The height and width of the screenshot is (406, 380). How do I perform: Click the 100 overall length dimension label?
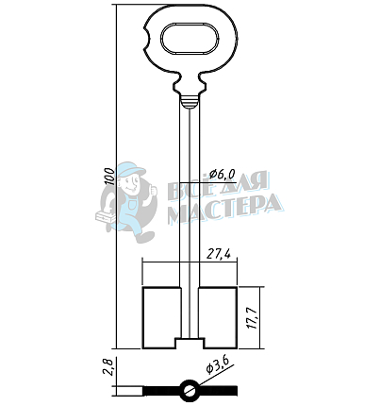[x=109, y=177]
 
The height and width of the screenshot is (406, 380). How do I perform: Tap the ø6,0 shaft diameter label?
[x=223, y=174]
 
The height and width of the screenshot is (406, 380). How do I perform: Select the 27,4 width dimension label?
[x=222, y=253]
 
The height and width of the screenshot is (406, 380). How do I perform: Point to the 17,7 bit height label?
[x=253, y=317]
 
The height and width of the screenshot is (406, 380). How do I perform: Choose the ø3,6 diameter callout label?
[x=219, y=365]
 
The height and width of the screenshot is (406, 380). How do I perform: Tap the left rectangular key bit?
[x=162, y=317]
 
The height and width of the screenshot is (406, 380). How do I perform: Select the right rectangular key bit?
[x=218, y=317]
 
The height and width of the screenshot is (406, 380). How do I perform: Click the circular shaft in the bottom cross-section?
[x=190, y=391]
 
